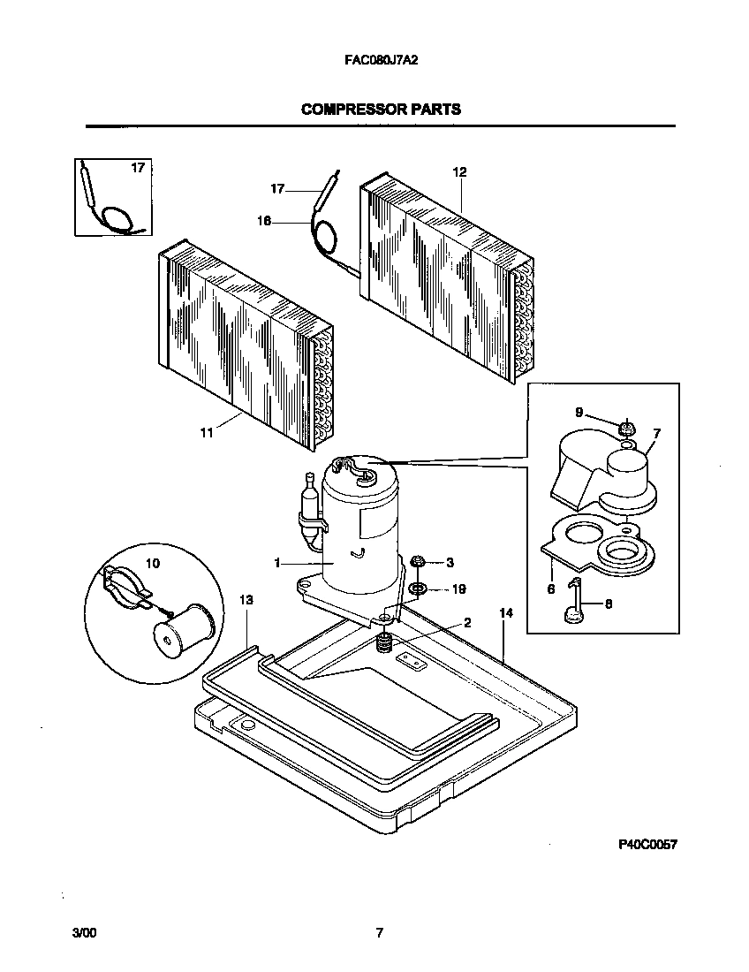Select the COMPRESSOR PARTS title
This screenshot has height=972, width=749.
tap(381, 110)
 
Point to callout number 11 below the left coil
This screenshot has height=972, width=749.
tap(206, 433)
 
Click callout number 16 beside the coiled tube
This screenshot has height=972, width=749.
tap(264, 221)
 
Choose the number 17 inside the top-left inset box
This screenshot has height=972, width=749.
tap(138, 167)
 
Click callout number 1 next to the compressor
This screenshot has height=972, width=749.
tap(277, 562)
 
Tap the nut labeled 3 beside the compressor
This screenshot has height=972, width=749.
tap(418, 561)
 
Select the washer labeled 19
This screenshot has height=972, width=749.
tap(418, 589)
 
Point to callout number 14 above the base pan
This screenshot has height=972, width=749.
tap(505, 612)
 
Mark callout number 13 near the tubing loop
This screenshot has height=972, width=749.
tap(246, 600)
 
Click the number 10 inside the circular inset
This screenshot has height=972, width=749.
tap(153, 563)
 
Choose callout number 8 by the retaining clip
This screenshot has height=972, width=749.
tap(608, 603)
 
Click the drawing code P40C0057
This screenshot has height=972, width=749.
tap(647, 845)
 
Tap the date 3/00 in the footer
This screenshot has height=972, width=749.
tap(84, 932)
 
